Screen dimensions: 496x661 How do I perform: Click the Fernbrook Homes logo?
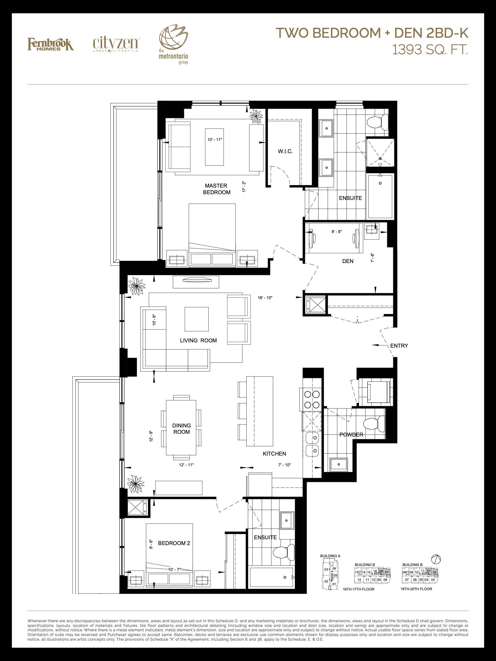50,44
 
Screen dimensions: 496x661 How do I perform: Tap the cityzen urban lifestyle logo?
115,45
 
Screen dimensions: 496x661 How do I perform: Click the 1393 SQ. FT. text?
430,50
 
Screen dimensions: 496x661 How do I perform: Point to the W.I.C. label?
285,151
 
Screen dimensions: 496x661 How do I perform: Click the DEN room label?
348,261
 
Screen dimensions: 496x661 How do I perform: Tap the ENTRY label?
399,346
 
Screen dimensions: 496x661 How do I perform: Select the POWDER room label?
351,435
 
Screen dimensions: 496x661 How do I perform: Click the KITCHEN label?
274,454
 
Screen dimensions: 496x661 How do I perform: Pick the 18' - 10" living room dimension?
265,298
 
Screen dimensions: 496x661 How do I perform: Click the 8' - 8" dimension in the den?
337,232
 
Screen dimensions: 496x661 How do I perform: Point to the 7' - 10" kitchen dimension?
284,465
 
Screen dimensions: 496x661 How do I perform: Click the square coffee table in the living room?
197,319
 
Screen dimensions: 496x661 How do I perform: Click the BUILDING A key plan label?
330,556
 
